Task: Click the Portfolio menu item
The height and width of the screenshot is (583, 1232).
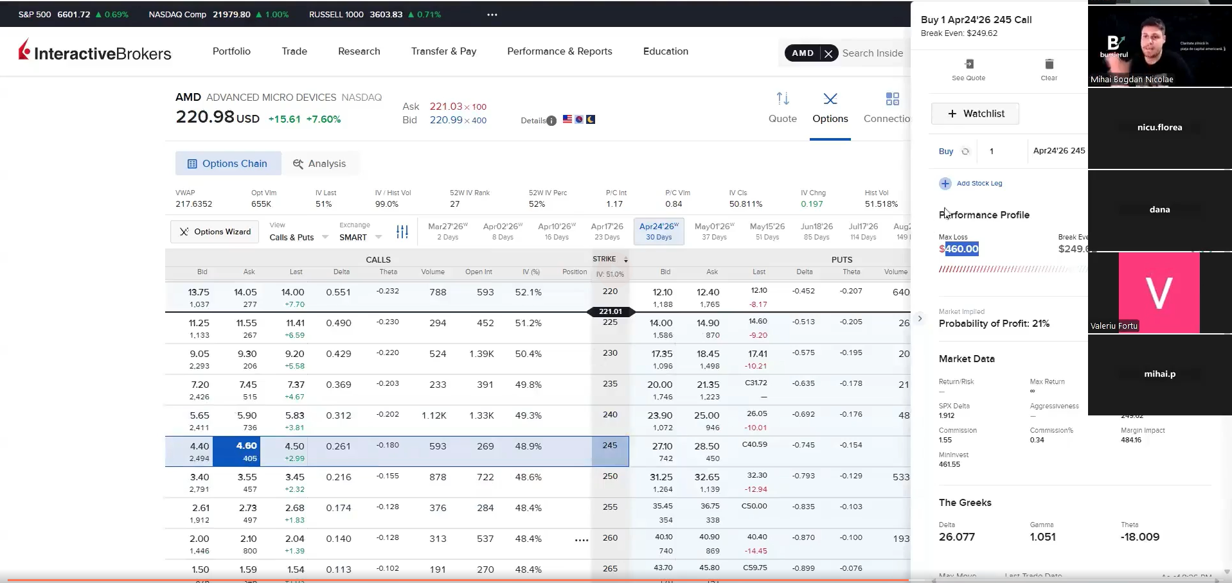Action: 231,51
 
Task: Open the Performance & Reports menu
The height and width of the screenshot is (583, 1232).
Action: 559,51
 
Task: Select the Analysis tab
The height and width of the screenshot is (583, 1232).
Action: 319,164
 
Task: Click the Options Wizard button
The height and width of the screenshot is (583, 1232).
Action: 215,232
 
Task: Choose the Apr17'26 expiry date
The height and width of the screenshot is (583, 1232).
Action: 607,231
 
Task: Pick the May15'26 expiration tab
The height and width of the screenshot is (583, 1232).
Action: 767,231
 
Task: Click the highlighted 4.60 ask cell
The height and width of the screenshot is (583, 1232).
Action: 246,451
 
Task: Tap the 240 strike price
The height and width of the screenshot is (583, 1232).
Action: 610,415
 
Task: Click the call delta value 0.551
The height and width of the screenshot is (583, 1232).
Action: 338,292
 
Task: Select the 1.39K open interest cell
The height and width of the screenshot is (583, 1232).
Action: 481,354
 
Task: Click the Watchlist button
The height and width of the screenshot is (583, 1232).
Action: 975,114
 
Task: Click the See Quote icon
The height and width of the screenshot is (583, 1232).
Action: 969,64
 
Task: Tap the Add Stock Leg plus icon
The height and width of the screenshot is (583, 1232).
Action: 945,184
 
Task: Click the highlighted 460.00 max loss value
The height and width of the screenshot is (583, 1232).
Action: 961,249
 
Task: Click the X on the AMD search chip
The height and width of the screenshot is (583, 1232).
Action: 828,53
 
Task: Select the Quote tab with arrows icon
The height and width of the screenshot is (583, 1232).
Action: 782,107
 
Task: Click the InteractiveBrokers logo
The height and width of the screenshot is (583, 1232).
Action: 95,51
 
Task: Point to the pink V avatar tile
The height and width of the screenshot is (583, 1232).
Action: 1159,293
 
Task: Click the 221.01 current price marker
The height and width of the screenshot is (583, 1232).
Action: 610,311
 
